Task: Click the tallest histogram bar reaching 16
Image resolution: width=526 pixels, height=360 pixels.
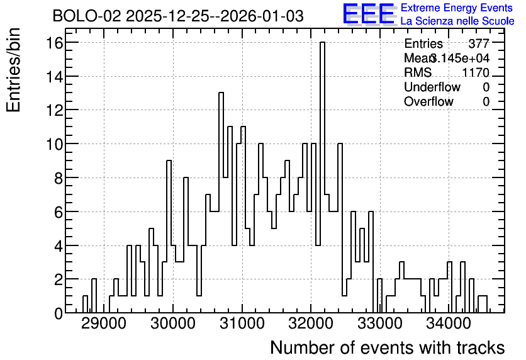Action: (x=322, y=177)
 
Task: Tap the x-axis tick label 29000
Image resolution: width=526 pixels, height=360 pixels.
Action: (x=104, y=324)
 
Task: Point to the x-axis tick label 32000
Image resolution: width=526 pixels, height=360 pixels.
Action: (x=311, y=324)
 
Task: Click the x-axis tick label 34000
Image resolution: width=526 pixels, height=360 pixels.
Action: (x=449, y=324)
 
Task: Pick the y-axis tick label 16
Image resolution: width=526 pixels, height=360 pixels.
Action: (x=55, y=43)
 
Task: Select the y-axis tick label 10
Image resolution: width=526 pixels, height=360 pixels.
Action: (x=55, y=144)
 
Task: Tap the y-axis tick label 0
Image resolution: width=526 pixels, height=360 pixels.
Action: (x=59, y=313)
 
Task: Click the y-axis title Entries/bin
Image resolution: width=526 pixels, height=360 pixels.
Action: (x=14, y=70)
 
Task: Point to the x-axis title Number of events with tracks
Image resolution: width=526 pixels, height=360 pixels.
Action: (x=388, y=348)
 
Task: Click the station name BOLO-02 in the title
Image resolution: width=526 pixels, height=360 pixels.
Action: (x=87, y=16)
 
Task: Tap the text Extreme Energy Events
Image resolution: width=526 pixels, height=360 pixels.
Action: (x=457, y=8)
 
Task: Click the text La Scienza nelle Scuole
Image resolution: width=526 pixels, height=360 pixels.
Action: (x=457, y=21)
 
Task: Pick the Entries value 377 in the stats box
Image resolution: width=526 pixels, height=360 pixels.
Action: (x=479, y=43)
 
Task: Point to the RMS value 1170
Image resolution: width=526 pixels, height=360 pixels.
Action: (x=476, y=72)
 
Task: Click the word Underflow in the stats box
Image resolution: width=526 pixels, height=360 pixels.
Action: (x=432, y=87)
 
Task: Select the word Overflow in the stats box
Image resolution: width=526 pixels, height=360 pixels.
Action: (x=428, y=102)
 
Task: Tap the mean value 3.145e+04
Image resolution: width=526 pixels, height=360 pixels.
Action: (x=460, y=58)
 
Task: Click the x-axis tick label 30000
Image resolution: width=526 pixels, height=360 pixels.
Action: (x=173, y=324)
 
